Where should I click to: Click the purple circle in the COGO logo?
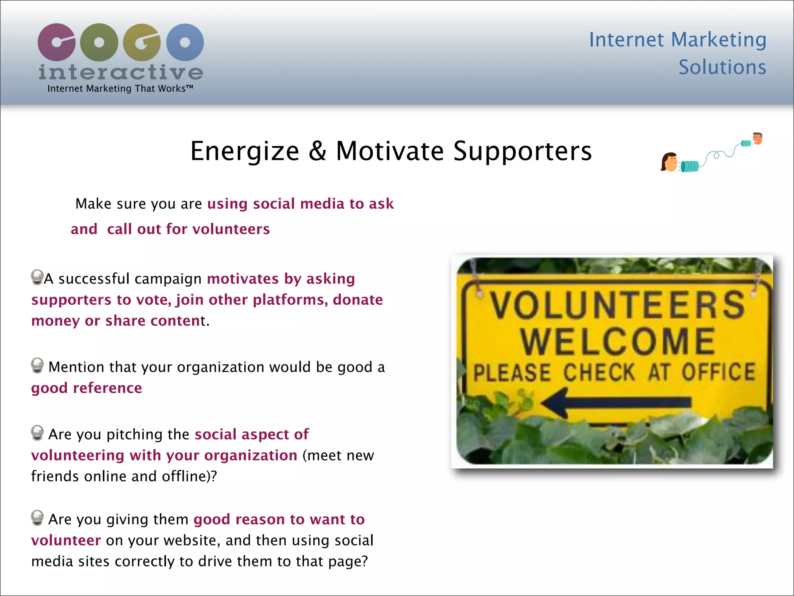[57, 42]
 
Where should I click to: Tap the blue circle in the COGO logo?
[185, 42]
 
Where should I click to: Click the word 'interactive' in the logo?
[121, 73]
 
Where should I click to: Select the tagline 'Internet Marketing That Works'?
[120, 89]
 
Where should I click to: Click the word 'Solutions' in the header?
[722, 68]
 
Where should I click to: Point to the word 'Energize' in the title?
[245, 151]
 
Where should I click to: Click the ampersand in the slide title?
[318, 151]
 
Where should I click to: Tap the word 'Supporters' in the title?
[522, 151]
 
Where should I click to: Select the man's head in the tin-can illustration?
[757, 138]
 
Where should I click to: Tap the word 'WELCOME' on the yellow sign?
[618, 341]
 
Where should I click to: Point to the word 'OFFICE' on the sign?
[718, 372]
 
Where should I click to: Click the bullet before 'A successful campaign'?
[37, 277]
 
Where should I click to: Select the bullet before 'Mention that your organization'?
[37, 365]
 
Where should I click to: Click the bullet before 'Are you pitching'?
[37, 432]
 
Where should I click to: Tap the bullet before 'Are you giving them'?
[37, 517]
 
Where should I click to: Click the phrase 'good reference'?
[87, 388]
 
